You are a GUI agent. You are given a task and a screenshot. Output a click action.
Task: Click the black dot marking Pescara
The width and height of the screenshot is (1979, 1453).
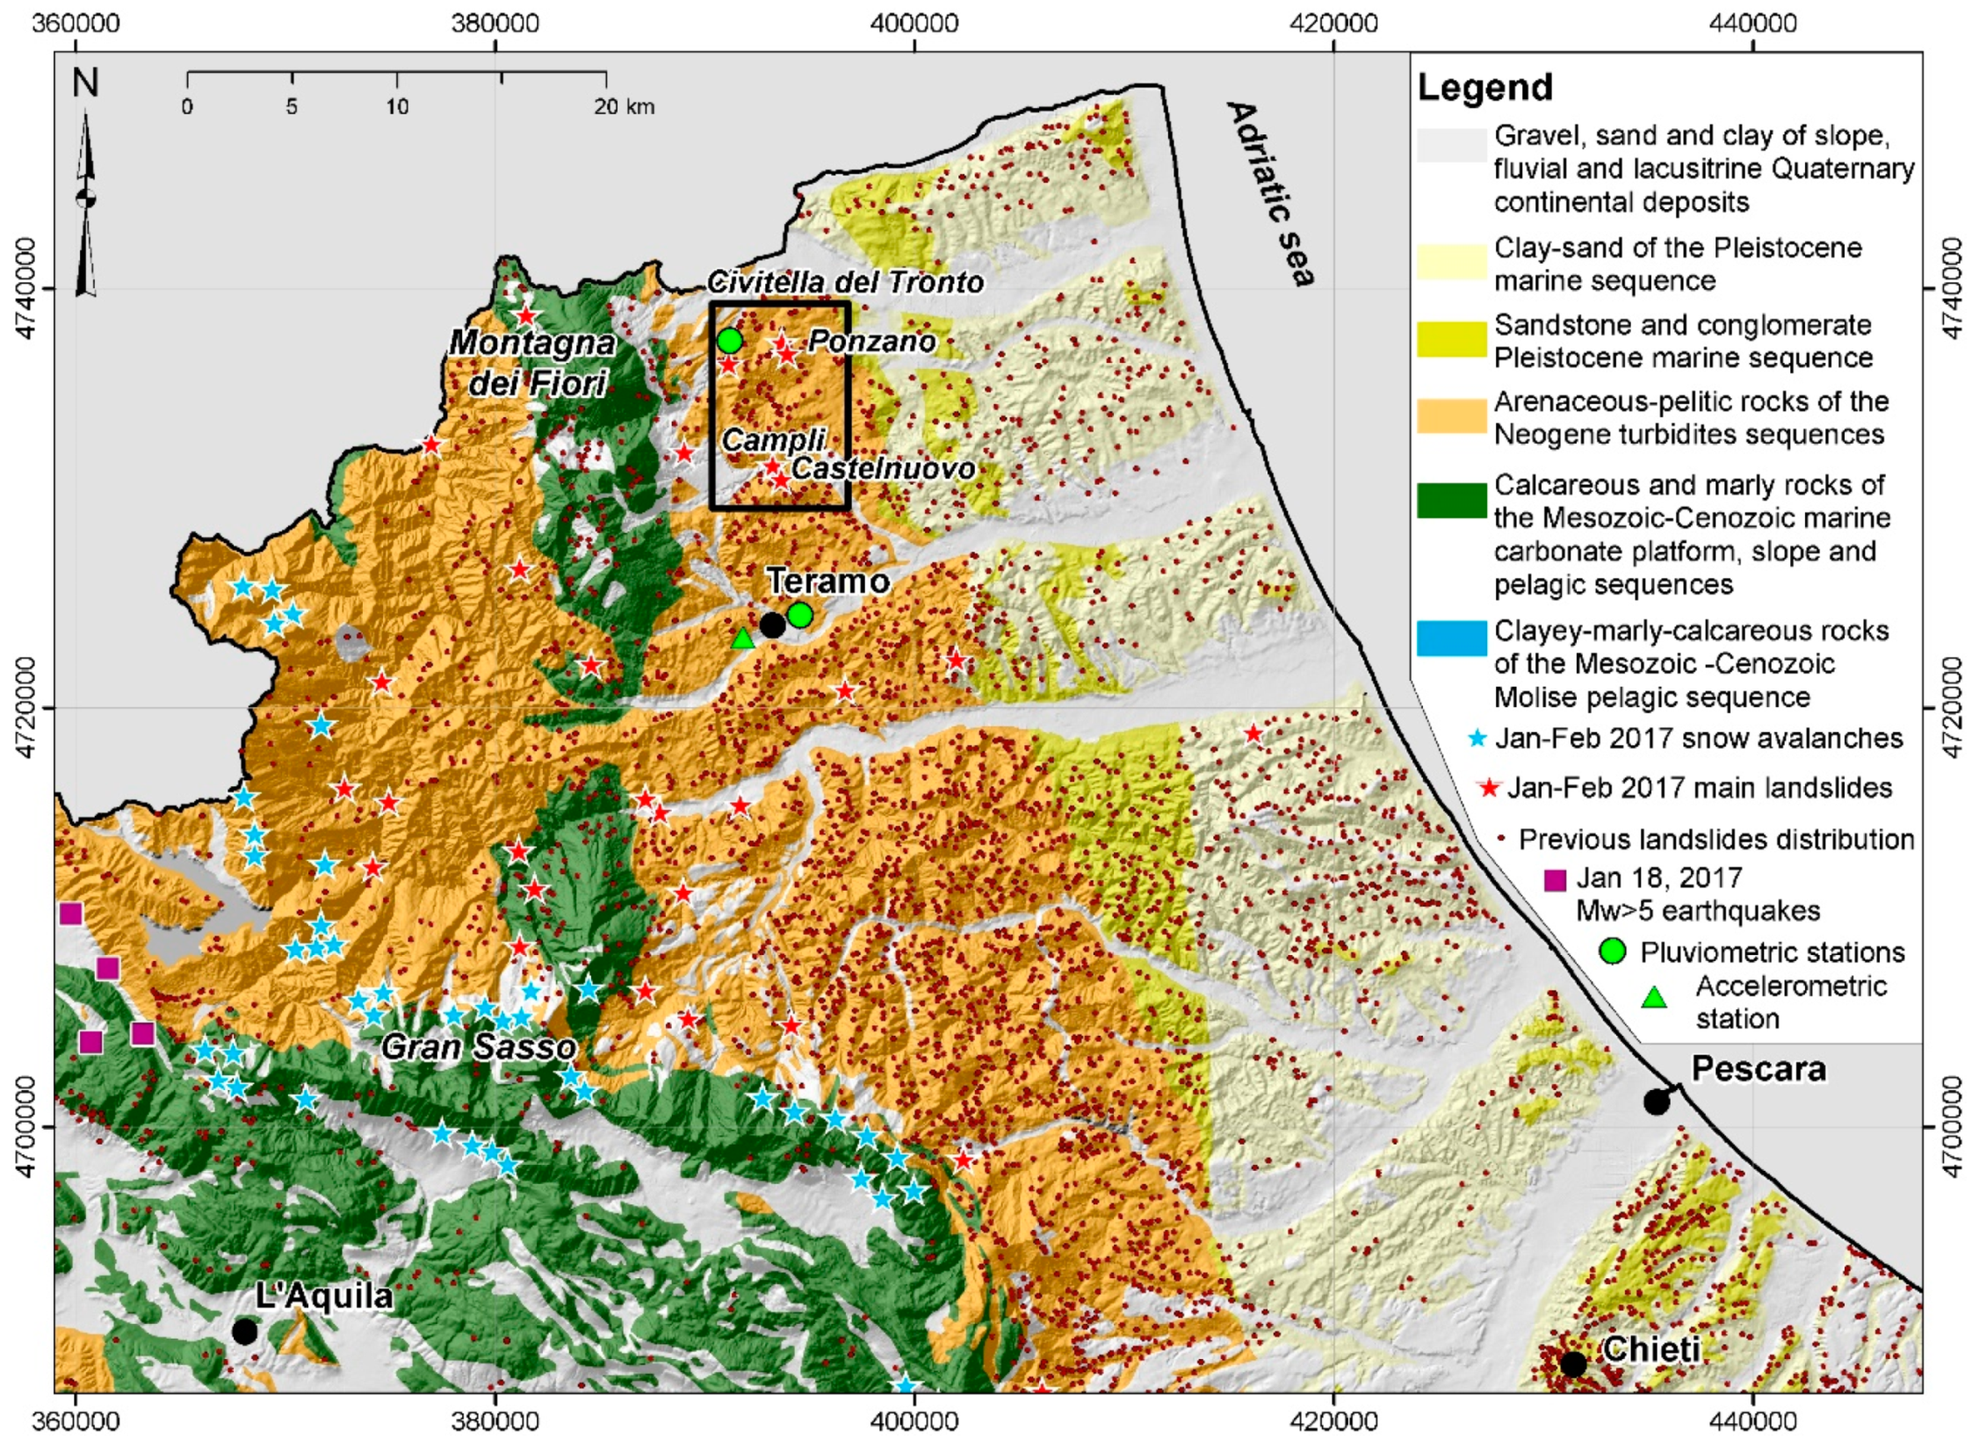tap(1656, 1102)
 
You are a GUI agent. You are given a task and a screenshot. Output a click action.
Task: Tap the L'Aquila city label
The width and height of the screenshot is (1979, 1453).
tap(323, 1296)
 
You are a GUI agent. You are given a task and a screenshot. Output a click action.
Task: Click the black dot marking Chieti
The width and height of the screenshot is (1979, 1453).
tap(1572, 1364)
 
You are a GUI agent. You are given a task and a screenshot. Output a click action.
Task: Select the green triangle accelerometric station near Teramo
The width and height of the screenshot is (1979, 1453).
tap(743, 639)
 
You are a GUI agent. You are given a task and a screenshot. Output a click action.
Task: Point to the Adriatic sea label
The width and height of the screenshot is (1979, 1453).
tap(1271, 193)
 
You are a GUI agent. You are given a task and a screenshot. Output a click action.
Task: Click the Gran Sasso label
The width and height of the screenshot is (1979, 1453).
tap(479, 1046)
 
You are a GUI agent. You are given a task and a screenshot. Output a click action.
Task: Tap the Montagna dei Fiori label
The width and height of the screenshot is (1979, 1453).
tap(533, 362)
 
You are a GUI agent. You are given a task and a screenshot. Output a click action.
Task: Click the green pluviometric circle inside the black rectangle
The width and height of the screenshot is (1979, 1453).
tap(729, 340)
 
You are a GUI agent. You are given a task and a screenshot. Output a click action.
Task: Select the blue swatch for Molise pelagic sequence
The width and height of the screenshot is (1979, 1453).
tap(1451, 639)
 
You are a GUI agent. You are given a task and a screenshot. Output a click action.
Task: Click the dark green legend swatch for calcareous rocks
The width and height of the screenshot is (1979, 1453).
tap(1451, 500)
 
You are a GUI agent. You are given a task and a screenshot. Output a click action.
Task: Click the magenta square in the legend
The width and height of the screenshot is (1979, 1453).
tap(1555, 878)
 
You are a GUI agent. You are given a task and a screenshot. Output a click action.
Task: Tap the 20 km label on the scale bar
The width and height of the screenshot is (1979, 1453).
tap(624, 107)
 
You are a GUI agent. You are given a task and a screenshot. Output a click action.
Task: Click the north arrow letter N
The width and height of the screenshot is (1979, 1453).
tap(85, 83)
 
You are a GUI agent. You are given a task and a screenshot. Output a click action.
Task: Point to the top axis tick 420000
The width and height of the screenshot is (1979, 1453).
tap(1333, 22)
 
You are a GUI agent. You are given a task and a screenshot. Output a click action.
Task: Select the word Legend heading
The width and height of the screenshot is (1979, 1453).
tap(1485, 88)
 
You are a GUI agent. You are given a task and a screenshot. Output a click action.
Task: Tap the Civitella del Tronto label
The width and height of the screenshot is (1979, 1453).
tap(845, 282)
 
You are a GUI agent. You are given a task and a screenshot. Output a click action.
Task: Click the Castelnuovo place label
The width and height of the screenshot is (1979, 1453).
tap(882, 468)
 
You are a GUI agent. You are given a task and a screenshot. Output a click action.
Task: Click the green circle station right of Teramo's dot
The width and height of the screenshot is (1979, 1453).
tap(799, 615)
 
